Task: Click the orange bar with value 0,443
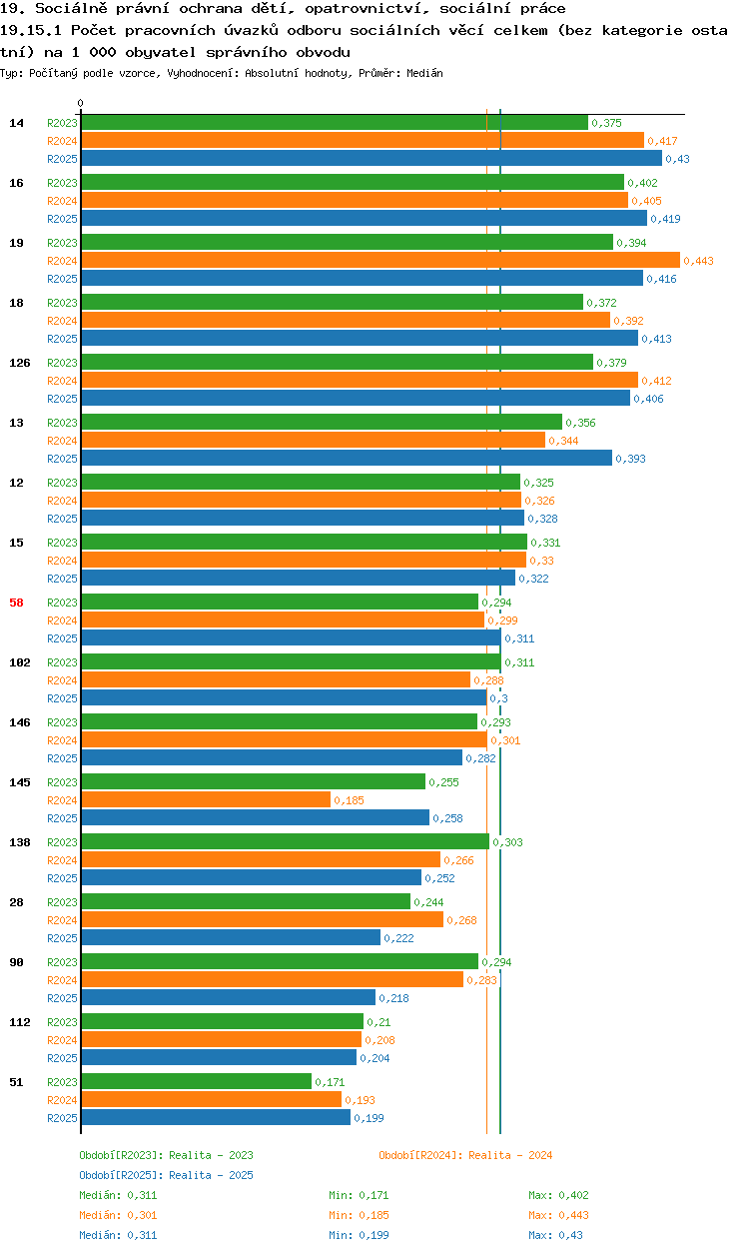[x=380, y=260]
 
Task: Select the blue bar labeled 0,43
[x=372, y=158]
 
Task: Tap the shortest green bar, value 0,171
[x=196, y=1081]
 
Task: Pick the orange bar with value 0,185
[x=206, y=800]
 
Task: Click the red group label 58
[x=16, y=603]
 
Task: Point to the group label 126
[x=20, y=363]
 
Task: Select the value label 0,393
[x=630, y=459]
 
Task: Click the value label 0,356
[x=580, y=423]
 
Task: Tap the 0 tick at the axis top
[x=81, y=103]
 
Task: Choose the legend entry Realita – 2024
[x=465, y=1155]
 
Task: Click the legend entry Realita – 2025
[x=166, y=1175]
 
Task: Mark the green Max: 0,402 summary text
[x=558, y=1195]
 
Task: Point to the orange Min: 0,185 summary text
[x=359, y=1215]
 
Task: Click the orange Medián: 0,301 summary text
[x=118, y=1215]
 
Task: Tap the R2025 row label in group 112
[x=62, y=1058]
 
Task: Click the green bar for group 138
[x=285, y=841]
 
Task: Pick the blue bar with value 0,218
[x=228, y=997]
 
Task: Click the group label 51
[x=16, y=1082]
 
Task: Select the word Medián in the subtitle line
[x=424, y=73]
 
